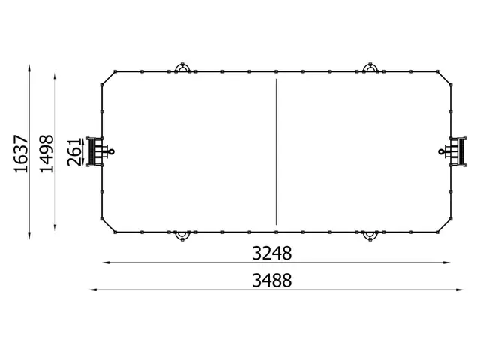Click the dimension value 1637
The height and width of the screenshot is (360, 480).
[x=20, y=154]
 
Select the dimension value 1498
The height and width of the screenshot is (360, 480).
[x=47, y=154]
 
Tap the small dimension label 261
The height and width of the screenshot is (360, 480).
[x=73, y=152]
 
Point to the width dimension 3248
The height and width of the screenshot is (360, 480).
[x=271, y=253]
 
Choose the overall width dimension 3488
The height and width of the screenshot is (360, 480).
[x=271, y=280]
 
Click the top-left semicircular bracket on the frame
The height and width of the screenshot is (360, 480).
[x=181, y=68]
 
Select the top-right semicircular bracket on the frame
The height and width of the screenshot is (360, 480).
[x=370, y=68]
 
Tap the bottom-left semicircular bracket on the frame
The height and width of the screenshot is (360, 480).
[x=181, y=236]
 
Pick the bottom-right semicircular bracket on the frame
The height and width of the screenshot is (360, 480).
[x=370, y=236]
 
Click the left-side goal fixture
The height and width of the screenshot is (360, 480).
[x=96, y=151]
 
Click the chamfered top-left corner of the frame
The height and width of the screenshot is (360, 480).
[x=106, y=78]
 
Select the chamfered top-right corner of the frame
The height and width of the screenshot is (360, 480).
[x=445, y=78]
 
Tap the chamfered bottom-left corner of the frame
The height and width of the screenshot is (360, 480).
[x=106, y=224]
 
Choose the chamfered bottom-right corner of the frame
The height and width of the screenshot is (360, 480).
[x=445, y=224]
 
